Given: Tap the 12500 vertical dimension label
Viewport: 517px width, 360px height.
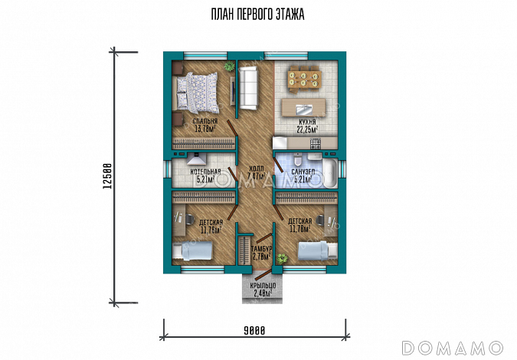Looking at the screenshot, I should (108, 178).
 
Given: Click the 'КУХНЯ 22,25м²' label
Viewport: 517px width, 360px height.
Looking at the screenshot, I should (307, 126).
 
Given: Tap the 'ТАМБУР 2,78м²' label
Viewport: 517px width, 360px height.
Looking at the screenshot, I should (261, 252).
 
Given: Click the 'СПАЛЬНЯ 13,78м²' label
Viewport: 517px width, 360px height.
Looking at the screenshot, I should (206, 125).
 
